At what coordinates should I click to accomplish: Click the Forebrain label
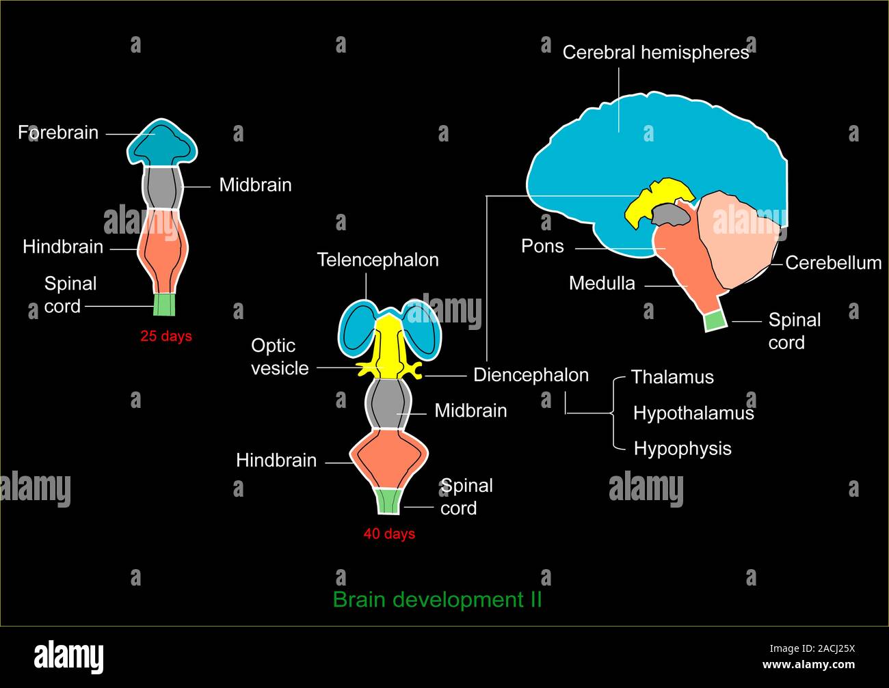58,133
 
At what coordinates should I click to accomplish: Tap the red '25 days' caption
166,336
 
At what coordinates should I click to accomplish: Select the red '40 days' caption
389,534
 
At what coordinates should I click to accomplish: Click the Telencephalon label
377,260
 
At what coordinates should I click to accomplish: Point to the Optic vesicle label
280,357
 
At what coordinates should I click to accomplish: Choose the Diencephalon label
531,375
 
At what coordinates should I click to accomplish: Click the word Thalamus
672,377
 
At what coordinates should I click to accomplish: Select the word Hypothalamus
693,413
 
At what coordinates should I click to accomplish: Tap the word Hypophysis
682,449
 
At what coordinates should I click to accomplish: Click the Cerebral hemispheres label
655,53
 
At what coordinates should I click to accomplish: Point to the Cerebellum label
833,263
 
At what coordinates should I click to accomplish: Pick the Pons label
542,246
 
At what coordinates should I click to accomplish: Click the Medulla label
602,283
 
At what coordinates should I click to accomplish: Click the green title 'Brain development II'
437,599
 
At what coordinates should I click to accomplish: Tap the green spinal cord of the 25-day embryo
164,304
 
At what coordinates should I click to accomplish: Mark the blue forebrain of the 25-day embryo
163,143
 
